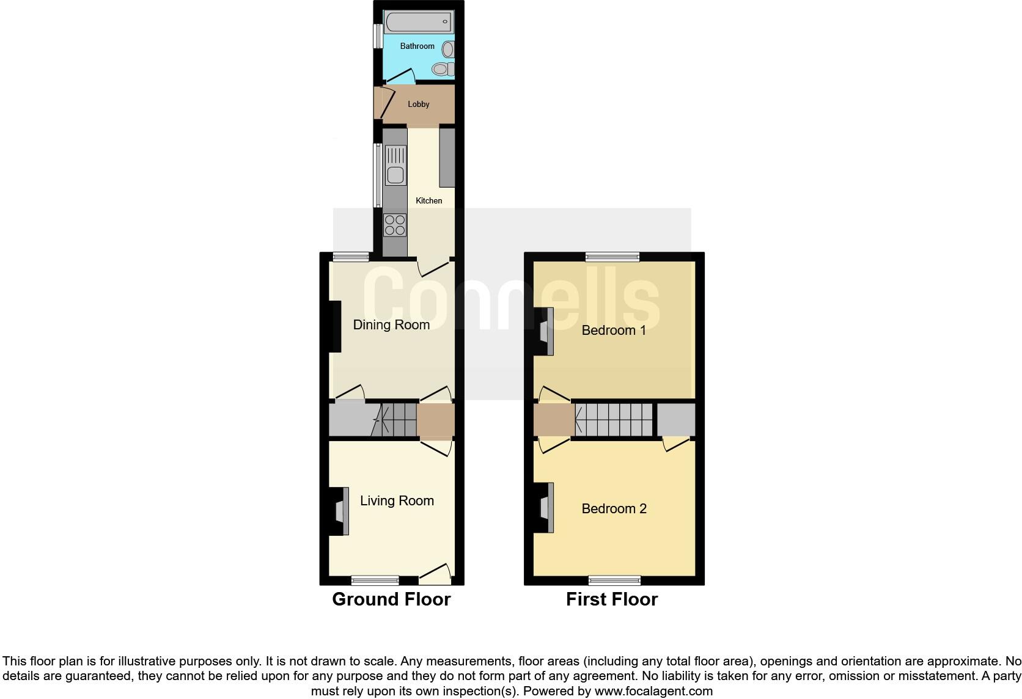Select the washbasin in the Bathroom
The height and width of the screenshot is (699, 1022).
coord(448,49)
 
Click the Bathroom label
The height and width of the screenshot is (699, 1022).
coord(417,46)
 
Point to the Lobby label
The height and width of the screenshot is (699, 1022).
coord(419,104)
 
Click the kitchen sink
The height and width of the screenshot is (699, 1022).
coord(395,165)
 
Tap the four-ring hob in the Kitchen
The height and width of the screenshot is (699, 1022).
coord(395,225)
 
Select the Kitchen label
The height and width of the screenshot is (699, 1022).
coord(428,200)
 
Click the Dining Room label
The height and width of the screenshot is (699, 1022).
coord(391,324)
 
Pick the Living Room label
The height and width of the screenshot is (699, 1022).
coord(397,501)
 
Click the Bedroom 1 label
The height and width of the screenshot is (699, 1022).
coord(614,331)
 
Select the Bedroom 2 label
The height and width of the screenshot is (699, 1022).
coord(614,509)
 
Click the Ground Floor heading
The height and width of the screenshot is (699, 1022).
coord(391,599)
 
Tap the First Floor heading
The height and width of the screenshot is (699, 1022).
coord(612,599)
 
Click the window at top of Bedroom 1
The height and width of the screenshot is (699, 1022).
coord(612,257)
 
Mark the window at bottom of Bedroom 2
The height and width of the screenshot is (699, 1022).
coord(615,580)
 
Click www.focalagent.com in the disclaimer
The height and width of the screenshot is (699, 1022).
coord(653,692)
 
